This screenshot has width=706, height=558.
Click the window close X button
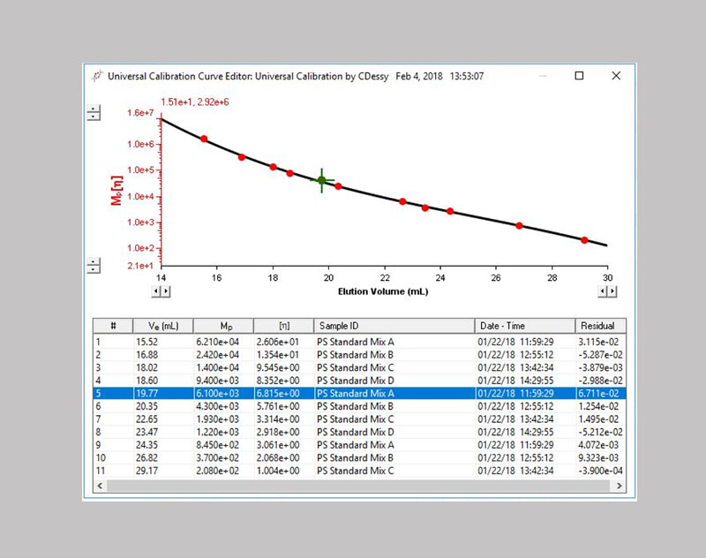coord(615,76)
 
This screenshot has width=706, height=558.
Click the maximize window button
coord(579,76)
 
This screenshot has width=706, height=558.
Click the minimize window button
coord(542,76)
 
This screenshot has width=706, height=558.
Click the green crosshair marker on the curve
coord(321,180)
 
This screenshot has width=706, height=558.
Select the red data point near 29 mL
coord(584,240)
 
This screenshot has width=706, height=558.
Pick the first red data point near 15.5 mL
coord(204,139)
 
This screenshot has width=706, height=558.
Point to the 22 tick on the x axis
coord(384,278)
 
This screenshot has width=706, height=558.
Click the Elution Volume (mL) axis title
coord(384,290)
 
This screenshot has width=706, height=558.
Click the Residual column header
coord(597,326)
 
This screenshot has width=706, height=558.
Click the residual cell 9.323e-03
coord(597,458)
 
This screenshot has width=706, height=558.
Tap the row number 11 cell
coord(101,471)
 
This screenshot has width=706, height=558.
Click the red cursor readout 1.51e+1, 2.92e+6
coord(195,102)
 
